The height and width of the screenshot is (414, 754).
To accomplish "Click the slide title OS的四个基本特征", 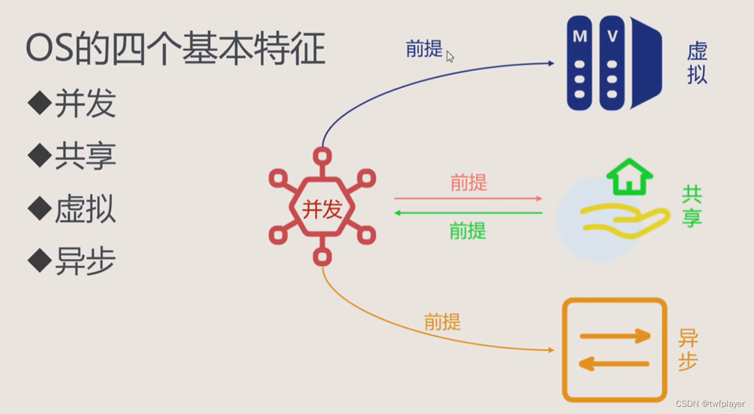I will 175,49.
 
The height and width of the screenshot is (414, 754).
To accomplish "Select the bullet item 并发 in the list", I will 85,103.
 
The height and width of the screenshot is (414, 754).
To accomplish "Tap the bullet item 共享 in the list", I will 85,156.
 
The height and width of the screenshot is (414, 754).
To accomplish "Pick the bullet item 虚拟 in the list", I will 85,209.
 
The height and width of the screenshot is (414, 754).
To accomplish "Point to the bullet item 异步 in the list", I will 85,262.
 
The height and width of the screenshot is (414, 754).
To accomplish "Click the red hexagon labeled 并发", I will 322,209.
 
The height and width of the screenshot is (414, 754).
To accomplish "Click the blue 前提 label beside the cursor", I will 424,49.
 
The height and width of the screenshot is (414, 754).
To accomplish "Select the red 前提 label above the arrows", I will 468,182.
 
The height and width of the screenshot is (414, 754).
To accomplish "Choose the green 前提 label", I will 468,231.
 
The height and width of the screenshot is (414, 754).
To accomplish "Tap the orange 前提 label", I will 442,321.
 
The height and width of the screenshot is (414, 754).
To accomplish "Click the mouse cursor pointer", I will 450,56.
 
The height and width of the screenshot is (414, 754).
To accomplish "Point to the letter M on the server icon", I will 580,36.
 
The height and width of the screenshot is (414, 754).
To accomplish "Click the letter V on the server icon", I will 612,36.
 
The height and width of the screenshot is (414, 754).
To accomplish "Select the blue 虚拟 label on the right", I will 697,63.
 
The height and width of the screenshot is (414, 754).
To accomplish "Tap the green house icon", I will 629,177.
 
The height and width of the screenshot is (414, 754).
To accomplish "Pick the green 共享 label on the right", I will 691,206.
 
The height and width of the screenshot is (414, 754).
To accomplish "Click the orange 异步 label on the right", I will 688,350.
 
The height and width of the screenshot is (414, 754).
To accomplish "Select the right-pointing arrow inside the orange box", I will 614,336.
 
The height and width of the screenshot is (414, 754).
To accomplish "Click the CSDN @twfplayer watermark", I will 710,404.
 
